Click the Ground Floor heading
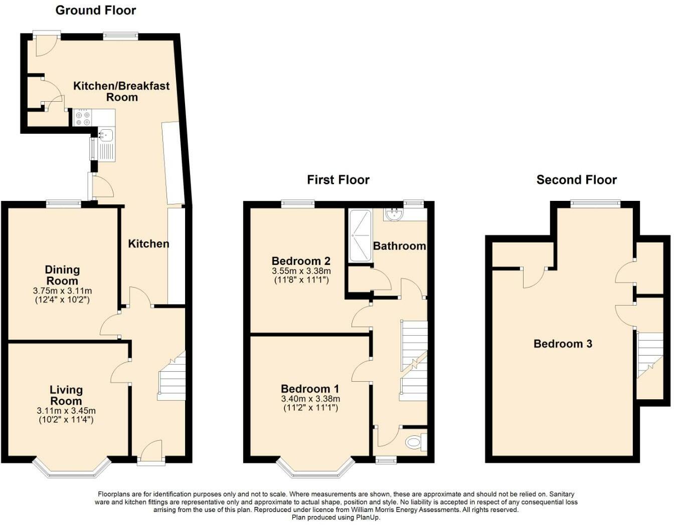[95, 10]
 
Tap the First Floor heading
[338, 180]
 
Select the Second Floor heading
[576, 180]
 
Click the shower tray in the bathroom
[360, 235]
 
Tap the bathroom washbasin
[394, 214]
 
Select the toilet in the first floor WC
[414, 442]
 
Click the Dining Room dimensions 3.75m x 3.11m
[62, 291]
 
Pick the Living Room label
[66, 395]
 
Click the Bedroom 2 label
[300, 260]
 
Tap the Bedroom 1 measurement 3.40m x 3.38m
[310, 399]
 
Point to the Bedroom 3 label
[563, 344]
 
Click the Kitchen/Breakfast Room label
[121, 91]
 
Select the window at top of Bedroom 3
[595, 204]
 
